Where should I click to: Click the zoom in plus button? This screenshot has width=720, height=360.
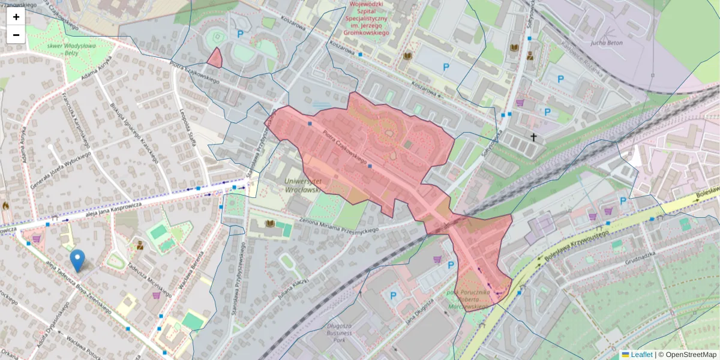[16, 17]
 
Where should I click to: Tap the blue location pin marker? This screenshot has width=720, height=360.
[77, 260]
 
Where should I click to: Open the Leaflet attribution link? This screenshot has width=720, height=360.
[641, 355]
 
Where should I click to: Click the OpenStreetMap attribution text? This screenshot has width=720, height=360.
[691, 355]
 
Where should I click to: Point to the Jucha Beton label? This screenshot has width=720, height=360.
[606, 43]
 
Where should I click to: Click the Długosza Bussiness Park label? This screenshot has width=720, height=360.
[335, 332]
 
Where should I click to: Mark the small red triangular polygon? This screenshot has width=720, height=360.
[214, 58]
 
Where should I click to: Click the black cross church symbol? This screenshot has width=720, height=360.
[533, 137]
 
